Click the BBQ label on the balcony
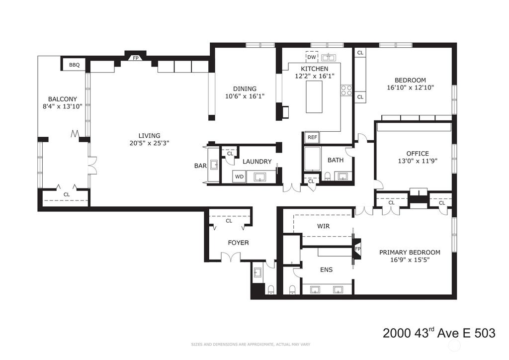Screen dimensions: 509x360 point(75,65)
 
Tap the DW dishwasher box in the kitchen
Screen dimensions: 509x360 point(312,57)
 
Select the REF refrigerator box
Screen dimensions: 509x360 point(312,137)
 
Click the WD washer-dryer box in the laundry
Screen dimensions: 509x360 point(239,177)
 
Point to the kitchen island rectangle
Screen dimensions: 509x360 point(314,97)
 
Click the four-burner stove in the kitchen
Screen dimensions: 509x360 point(346,90)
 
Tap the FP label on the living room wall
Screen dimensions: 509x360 point(135,58)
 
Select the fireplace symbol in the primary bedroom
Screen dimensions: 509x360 point(357,249)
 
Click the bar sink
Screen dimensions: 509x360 point(214,165)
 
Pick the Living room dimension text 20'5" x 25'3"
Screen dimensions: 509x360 point(149,143)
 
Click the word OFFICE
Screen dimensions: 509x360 point(418,154)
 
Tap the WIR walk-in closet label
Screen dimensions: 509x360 point(323,226)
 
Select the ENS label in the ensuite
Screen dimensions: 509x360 point(326,270)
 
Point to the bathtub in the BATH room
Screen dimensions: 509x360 point(312,159)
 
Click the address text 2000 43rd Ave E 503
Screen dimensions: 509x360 point(439,333)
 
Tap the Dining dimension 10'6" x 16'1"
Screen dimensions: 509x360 point(245,96)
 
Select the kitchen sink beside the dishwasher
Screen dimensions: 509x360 point(329,58)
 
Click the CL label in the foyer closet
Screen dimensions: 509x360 point(229,221)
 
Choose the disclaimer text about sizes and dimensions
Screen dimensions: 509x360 point(251,345)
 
